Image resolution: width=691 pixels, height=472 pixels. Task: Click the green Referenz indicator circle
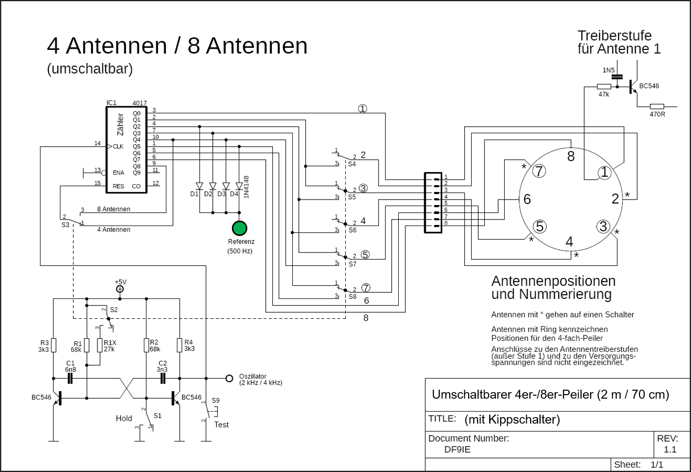[x=240, y=229]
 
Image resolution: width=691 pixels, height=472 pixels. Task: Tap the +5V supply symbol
[x=120, y=289]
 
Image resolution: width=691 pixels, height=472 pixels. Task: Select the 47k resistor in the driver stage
[x=604, y=86]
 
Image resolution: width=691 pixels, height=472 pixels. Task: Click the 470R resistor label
[x=657, y=114]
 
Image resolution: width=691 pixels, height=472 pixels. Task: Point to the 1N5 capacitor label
[x=608, y=70]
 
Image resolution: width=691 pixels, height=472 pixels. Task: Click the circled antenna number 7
[x=538, y=171]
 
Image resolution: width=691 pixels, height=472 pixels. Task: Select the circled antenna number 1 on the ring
[x=605, y=173]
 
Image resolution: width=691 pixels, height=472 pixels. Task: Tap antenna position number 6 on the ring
[x=527, y=199]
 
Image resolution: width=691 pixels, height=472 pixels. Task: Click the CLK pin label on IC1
[x=118, y=147]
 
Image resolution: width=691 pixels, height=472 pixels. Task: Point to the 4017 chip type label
[x=139, y=103]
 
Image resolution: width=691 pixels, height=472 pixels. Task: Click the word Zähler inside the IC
[x=120, y=124]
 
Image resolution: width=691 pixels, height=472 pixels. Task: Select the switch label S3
[x=65, y=225]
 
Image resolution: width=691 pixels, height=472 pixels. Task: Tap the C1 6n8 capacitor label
[x=70, y=366]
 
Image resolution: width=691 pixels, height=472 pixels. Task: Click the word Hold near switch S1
[x=124, y=419]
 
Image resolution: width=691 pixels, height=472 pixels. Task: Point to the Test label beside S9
[x=221, y=425]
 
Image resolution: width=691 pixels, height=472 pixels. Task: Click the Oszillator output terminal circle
[x=229, y=378]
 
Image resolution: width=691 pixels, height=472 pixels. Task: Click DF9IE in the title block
[x=457, y=449]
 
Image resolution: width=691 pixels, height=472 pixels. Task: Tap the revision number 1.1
[x=670, y=450]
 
